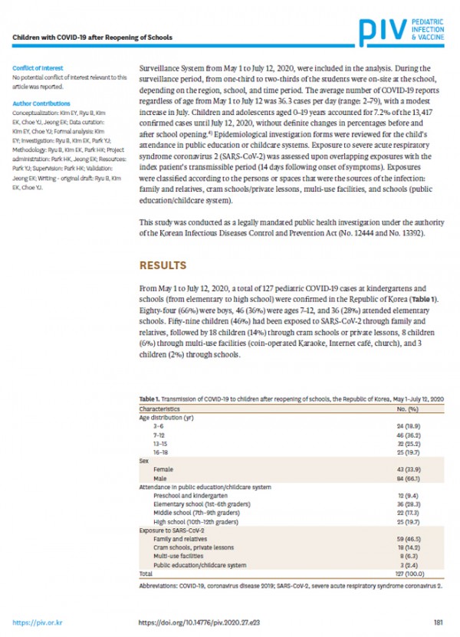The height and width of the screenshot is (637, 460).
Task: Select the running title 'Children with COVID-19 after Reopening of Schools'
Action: coord(91,37)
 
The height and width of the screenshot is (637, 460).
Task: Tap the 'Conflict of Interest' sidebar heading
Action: coord(37,67)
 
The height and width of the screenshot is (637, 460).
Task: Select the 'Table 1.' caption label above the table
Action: coord(150,400)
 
